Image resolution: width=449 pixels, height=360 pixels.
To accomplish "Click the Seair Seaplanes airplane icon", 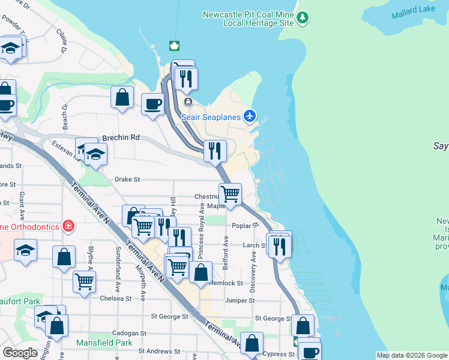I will coord(250,116).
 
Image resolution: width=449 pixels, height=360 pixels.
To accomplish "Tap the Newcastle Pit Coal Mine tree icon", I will coord(304,19).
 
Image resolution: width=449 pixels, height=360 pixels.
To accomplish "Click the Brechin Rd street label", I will coord(121,137).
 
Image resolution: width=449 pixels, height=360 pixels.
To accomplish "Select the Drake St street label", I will coord(127,179).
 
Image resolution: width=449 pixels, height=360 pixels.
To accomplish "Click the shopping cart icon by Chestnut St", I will coord(230,194).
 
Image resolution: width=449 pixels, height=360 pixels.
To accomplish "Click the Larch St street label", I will coord(254,245).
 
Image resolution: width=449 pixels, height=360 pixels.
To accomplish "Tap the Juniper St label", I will coord(236,300).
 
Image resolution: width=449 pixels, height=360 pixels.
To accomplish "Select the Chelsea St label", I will coord(115,298).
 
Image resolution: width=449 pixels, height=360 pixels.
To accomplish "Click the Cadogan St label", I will coord(130,333).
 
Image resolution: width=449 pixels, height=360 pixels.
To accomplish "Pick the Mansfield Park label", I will coord(104,343).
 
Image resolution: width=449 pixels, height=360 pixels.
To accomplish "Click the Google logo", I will coord(20,353).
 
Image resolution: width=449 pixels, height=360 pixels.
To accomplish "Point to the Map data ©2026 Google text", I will coord(411,355).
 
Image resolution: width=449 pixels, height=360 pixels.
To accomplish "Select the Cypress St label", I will coord(278,354).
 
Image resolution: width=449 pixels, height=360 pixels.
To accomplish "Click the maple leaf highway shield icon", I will coord(175,47).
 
